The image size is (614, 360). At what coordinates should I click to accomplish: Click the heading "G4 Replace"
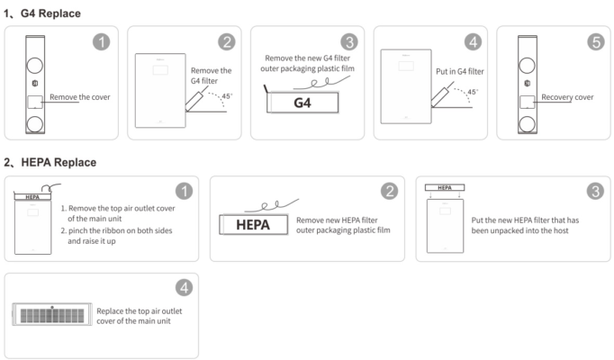(50, 13)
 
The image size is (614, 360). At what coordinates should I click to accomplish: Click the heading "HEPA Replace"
(59, 162)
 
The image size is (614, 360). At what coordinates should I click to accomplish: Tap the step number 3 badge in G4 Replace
(349, 42)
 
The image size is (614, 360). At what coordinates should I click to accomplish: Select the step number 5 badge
(596, 42)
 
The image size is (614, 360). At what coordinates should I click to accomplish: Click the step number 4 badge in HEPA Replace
(184, 288)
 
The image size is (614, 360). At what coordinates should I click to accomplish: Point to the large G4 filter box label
(302, 103)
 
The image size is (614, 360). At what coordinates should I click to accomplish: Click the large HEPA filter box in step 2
(253, 225)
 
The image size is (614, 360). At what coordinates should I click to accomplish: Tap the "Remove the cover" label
(80, 97)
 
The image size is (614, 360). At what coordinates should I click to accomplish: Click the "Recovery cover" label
(567, 97)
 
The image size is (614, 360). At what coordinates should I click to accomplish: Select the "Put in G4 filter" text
(460, 72)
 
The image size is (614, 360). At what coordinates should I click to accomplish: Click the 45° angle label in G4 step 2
(227, 96)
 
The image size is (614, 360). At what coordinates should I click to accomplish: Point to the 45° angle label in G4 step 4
(473, 92)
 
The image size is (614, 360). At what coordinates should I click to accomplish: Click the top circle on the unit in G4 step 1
(35, 66)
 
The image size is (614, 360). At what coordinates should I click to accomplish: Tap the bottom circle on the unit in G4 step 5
(527, 124)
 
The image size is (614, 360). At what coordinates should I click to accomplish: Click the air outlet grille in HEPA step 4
(52, 315)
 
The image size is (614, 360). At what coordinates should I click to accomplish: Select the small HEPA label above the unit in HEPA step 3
(445, 188)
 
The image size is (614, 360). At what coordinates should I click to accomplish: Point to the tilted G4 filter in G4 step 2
(194, 100)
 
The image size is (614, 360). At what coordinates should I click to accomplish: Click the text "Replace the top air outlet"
(140, 311)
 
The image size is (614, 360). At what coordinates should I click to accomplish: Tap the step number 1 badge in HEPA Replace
(184, 192)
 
